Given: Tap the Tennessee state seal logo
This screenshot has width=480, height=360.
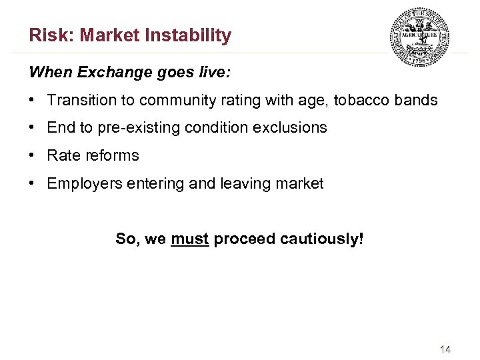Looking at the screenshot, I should click(419, 37).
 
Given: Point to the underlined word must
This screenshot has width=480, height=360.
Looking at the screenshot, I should click(190, 239).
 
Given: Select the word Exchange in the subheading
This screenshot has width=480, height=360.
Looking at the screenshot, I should click(102, 72).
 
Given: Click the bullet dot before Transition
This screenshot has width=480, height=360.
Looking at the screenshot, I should click(32, 101).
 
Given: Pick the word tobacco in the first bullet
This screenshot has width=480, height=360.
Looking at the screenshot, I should click(362, 101).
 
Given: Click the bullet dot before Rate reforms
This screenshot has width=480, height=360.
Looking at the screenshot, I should click(32, 155).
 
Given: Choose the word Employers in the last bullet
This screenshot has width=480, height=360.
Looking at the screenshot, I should click(81, 183).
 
